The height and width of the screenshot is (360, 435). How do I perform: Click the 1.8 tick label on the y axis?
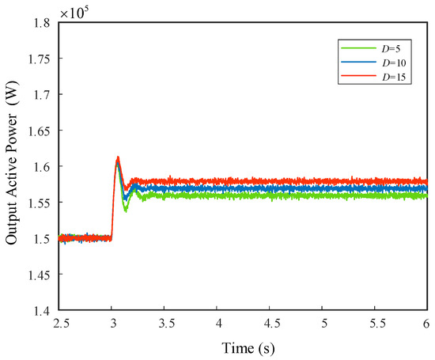tap(43, 23)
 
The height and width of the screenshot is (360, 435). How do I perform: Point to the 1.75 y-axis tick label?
tap(40, 59)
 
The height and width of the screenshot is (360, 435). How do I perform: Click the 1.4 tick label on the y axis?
tap(43, 311)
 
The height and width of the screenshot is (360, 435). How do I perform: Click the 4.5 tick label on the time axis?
tap(270, 324)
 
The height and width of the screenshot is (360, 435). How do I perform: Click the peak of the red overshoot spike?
tap(118, 157)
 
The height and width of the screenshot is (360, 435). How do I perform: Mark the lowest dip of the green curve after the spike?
tap(126, 211)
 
